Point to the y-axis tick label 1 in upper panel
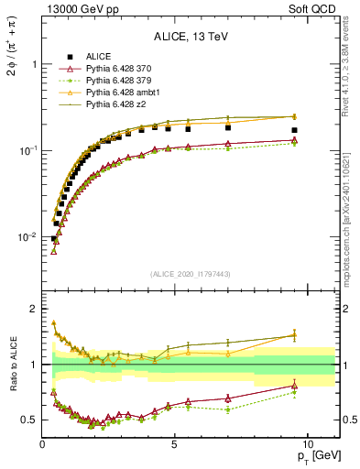coord(34,65)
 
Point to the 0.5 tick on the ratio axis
coord(30,420)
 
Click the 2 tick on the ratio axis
coord(34,309)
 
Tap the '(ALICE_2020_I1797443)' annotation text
coord(190,274)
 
